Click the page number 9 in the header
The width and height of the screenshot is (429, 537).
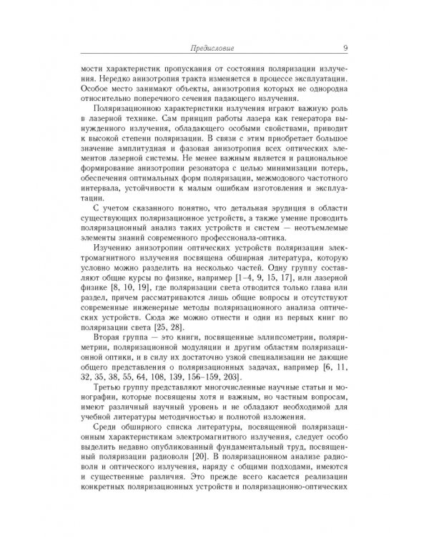[x=345, y=49]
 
